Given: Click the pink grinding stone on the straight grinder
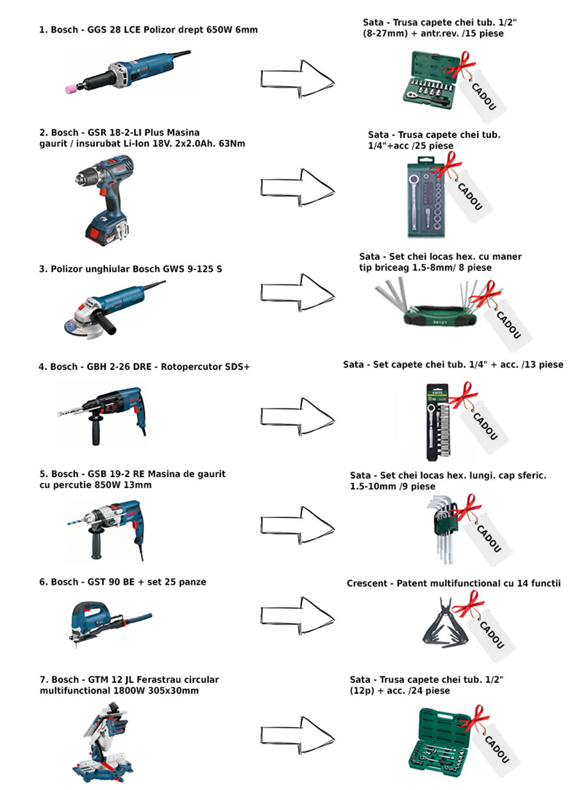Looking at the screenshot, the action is click(x=71, y=89).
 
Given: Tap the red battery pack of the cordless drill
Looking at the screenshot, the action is click(x=105, y=231).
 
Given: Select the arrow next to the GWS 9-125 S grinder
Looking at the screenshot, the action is click(x=297, y=292).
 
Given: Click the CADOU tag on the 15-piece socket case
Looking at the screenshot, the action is click(x=483, y=96).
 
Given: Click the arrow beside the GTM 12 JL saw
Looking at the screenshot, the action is click(x=297, y=735).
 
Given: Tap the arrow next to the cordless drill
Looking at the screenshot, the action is click(x=297, y=188).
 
